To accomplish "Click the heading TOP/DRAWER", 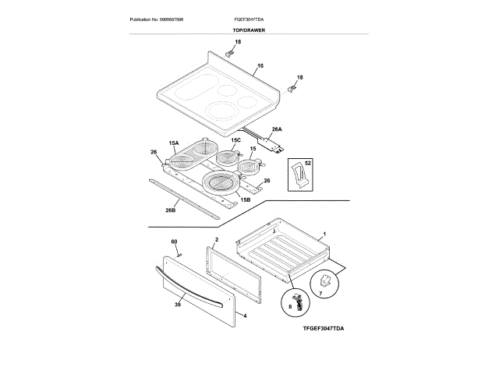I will [x=249, y=30].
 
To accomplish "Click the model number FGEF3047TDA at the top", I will [x=249, y=18].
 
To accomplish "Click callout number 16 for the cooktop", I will [x=260, y=66].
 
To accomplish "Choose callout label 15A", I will [x=173, y=143].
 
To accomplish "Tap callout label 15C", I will [x=235, y=140].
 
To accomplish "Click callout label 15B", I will [x=245, y=200].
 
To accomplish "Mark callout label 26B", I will [x=171, y=210].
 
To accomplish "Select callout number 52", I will [x=307, y=164].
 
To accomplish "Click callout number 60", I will [x=174, y=242].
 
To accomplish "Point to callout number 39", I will [x=177, y=306].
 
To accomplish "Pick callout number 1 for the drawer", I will [x=324, y=235].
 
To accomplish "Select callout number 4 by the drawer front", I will [x=244, y=316].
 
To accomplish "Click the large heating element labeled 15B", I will [x=222, y=184].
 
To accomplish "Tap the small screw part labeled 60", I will [x=179, y=252].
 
